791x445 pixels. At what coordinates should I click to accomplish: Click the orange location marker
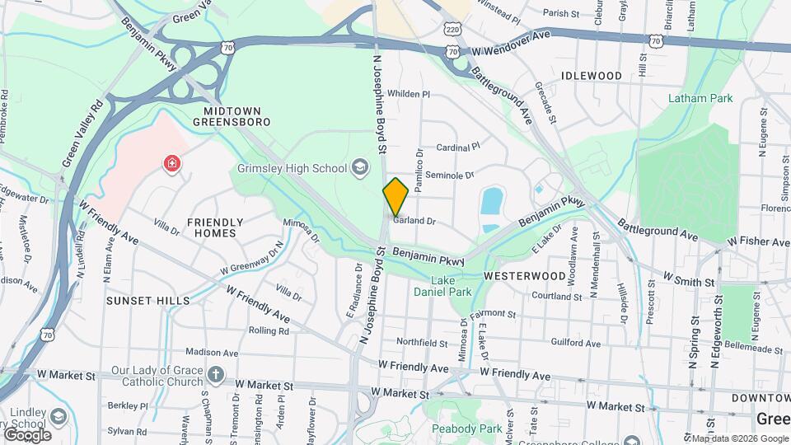click(396, 197)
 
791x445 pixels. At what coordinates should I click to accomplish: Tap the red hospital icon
click(172, 164)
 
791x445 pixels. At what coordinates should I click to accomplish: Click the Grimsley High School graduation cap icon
click(359, 168)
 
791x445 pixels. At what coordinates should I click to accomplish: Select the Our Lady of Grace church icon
click(215, 376)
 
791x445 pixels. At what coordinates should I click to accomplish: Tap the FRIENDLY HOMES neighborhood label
click(215, 227)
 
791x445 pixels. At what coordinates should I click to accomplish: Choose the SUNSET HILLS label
click(148, 301)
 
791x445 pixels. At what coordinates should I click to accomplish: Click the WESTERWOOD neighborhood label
click(524, 275)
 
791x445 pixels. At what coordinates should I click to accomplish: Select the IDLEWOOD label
click(591, 76)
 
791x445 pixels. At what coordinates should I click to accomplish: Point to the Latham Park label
click(700, 99)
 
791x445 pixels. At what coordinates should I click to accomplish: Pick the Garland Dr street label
click(414, 221)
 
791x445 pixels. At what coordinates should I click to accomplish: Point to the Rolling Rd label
click(272, 331)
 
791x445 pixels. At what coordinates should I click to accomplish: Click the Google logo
click(27, 434)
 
